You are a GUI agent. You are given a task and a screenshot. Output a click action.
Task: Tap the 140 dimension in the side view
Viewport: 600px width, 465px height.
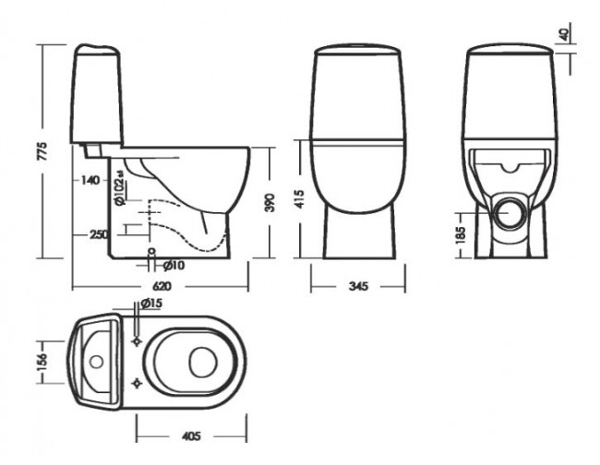(x=90, y=180)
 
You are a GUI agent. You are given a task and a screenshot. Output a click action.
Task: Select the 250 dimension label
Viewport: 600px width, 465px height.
(x=97, y=234)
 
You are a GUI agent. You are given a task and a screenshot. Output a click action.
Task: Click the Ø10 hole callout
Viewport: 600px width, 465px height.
(x=174, y=265)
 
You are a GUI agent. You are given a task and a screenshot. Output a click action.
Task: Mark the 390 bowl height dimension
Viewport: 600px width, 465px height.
(x=270, y=204)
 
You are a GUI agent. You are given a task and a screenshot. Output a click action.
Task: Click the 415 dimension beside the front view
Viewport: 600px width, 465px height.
(x=298, y=199)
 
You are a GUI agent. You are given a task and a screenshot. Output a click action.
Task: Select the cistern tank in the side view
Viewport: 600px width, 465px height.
(x=96, y=97)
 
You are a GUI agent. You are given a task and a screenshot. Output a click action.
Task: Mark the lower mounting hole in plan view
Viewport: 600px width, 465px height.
(x=138, y=383)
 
